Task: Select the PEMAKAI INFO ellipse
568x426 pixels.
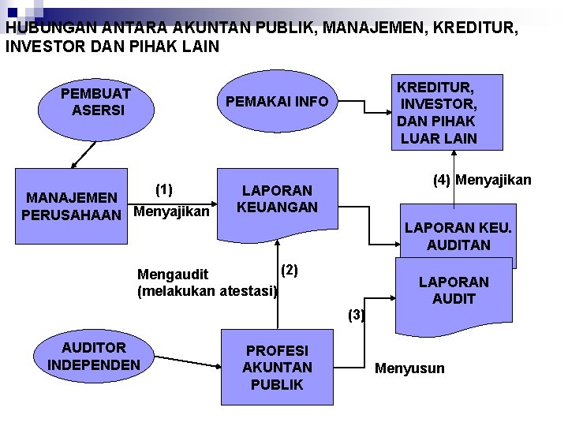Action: (x=277, y=102)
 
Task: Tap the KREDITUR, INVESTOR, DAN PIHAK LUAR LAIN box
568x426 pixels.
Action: (x=436, y=112)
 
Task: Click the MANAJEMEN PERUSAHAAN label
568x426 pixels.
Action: (x=72, y=205)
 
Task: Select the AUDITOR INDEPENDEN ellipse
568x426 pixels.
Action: (x=94, y=356)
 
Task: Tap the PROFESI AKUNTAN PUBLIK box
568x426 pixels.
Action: (x=277, y=368)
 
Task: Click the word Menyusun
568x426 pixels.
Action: (x=409, y=368)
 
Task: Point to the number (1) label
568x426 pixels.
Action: (x=164, y=189)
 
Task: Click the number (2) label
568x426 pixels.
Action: (x=290, y=270)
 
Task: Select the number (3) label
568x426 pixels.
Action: (x=357, y=315)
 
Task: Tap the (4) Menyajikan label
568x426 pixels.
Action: (x=482, y=180)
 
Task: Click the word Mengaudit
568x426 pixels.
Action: (x=173, y=275)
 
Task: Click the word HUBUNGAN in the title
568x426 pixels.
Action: (x=50, y=28)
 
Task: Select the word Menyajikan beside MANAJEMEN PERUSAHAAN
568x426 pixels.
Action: (x=172, y=211)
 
